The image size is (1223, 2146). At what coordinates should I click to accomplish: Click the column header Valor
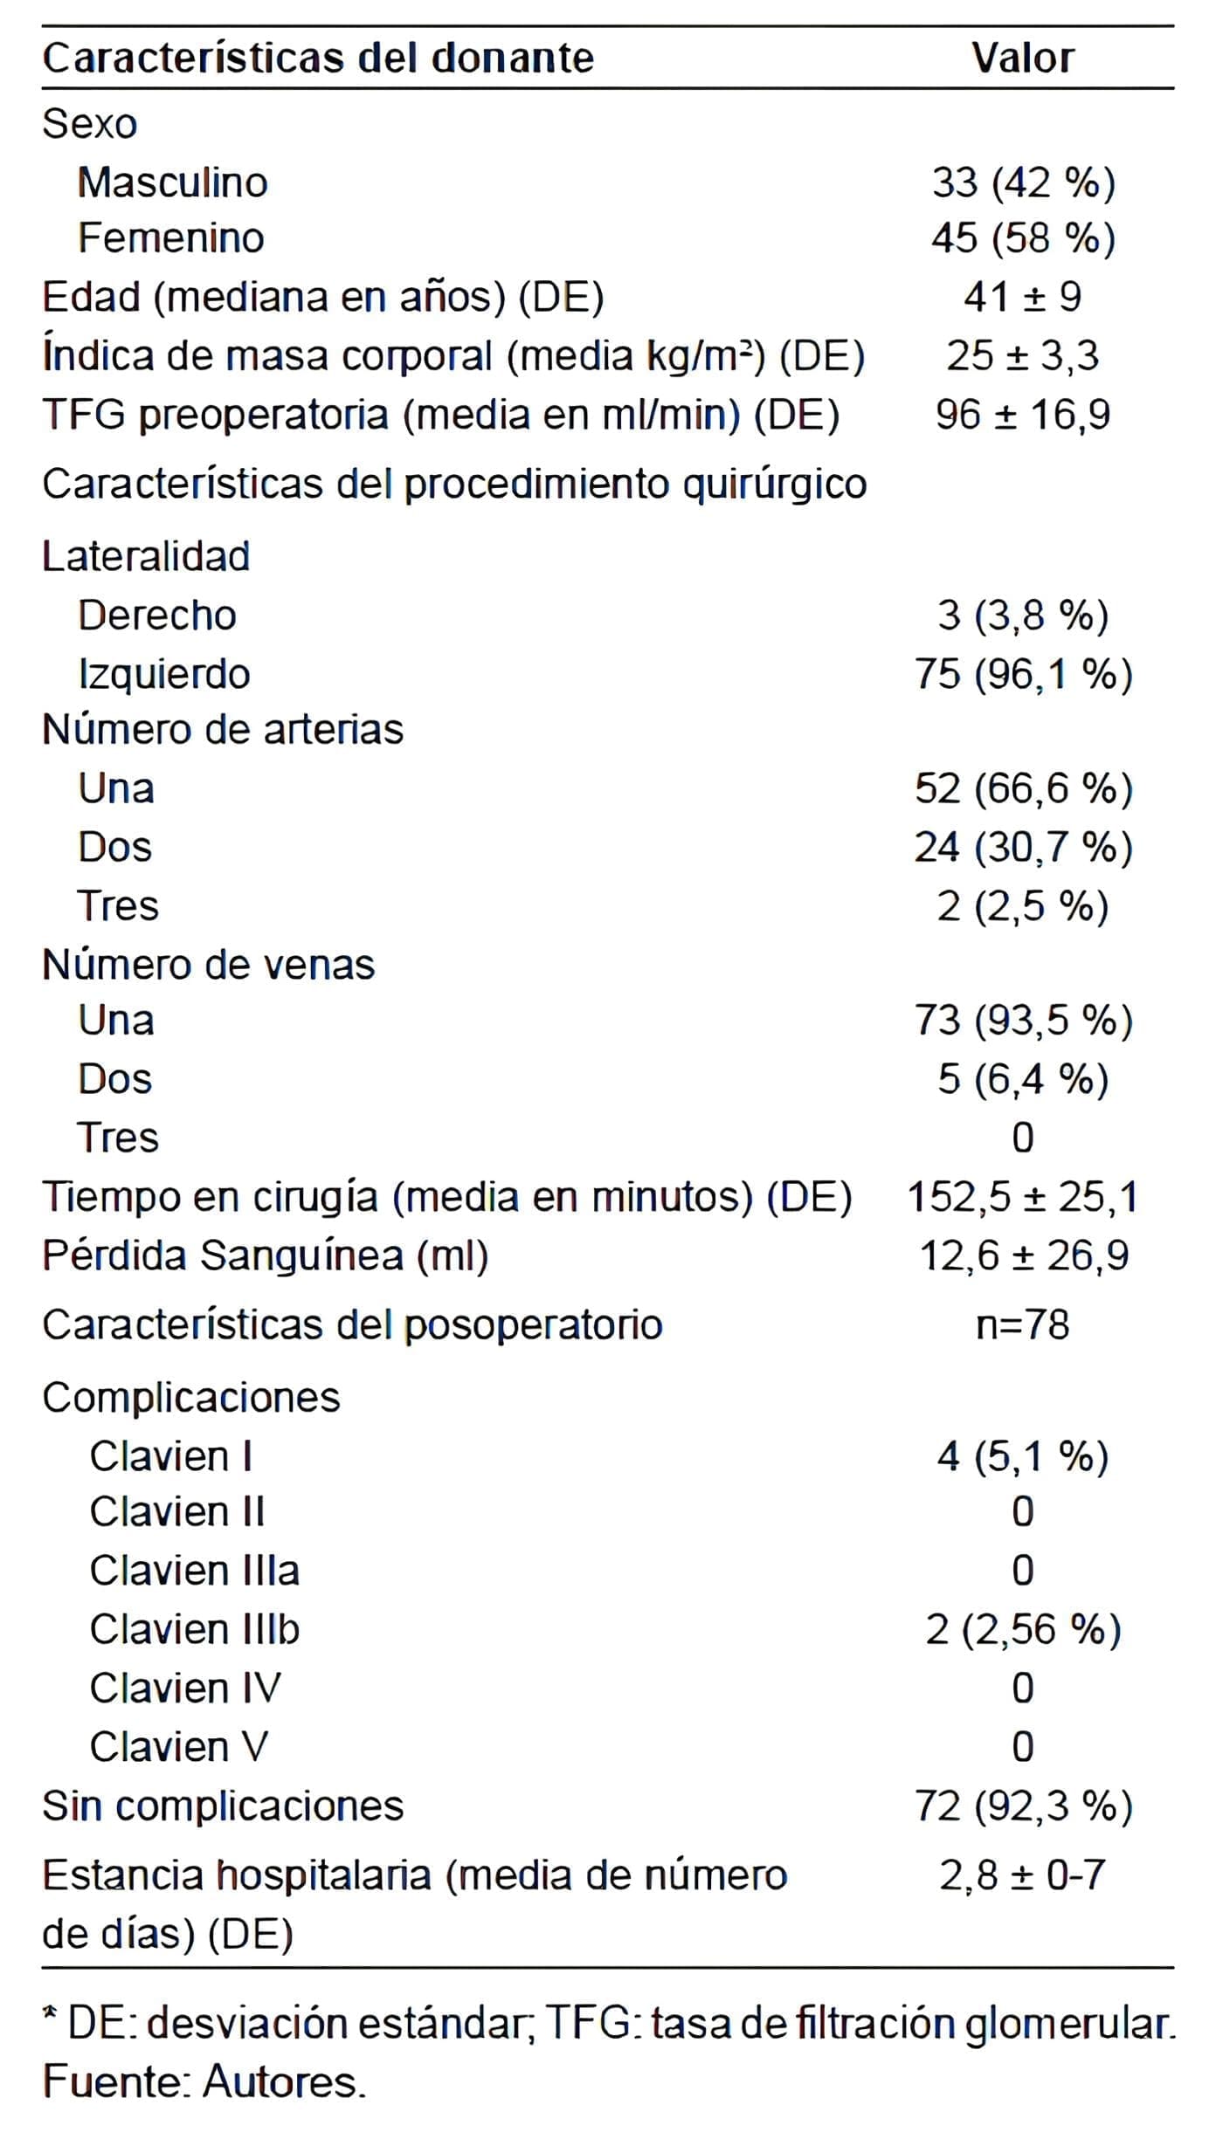[x=1022, y=58]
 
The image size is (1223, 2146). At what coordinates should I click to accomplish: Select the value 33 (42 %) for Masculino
[x=1023, y=183]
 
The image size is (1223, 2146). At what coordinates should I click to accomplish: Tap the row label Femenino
[x=170, y=238]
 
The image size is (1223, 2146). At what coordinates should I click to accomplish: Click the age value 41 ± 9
[x=1022, y=298]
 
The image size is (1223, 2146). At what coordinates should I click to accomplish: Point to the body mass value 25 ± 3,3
[x=1022, y=356]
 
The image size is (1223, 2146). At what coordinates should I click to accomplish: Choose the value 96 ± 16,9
[x=1022, y=415]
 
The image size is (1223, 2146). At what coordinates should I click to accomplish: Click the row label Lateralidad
[x=146, y=557]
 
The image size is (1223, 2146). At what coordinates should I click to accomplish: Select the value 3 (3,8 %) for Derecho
[x=1022, y=616]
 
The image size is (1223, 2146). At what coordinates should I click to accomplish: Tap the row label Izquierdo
[x=164, y=674]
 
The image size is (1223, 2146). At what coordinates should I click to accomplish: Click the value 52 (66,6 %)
[x=1023, y=789]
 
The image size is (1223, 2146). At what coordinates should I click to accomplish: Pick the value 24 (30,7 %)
[x=1023, y=848]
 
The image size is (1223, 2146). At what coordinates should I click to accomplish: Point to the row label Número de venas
[x=208, y=965]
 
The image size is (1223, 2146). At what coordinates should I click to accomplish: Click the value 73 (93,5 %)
[x=1023, y=1021]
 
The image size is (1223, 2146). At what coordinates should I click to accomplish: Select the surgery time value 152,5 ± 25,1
[x=1022, y=1197]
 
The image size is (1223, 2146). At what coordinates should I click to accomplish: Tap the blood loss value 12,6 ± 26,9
[x=1024, y=1255]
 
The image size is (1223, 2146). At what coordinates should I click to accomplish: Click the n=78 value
[x=1022, y=1325]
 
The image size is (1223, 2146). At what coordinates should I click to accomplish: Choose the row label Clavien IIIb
[x=194, y=1629]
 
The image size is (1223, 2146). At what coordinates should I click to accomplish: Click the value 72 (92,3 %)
[x=1023, y=1806]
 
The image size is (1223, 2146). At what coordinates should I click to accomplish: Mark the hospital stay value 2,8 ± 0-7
[x=1022, y=1875]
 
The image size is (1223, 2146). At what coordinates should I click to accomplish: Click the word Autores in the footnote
[x=282, y=2083]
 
